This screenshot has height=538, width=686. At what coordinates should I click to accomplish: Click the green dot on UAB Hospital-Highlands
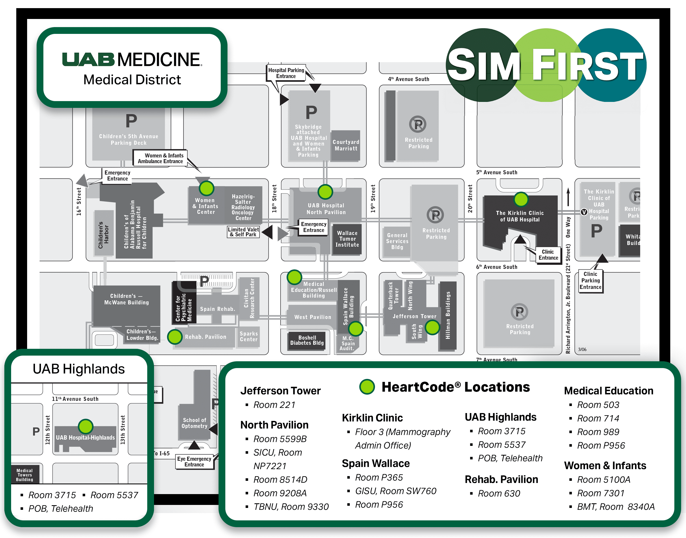pyautogui.click(x=85, y=427)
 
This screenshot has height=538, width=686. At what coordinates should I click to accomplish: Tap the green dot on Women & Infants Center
pyautogui.click(x=206, y=188)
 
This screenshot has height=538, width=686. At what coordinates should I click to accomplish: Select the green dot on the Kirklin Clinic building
pyautogui.click(x=521, y=199)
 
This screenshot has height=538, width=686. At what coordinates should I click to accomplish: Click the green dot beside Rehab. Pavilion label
pyautogui.click(x=175, y=337)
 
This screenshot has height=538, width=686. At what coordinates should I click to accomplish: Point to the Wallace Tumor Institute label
pyautogui.click(x=347, y=239)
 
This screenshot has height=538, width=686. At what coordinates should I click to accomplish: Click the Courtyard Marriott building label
pyautogui.click(x=346, y=145)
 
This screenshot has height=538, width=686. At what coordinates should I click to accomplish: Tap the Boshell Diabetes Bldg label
pyautogui.click(x=307, y=340)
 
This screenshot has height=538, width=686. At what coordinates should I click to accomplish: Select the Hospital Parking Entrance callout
pyautogui.click(x=286, y=73)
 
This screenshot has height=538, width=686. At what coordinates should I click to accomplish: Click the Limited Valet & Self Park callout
pyautogui.click(x=243, y=232)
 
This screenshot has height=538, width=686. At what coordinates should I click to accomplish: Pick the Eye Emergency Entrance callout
pyautogui.click(x=194, y=462)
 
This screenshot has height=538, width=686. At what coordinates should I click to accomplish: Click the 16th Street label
pyautogui.click(x=79, y=202)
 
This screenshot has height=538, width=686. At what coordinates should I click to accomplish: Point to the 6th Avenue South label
pyautogui.click(x=497, y=267)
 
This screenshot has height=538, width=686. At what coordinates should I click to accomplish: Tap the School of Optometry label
pyautogui.click(x=194, y=423)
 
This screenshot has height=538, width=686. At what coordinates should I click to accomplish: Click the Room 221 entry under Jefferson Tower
pyautogui.click(x=274, y=405)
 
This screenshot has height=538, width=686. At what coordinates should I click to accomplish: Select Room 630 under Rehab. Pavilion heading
pyautogui.click(x=499, y=493)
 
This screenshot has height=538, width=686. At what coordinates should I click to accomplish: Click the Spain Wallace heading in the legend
pyautogui.click(x=376, y=463)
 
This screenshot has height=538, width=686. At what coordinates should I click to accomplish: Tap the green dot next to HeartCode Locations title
pyautogui.click(x=367, y=387)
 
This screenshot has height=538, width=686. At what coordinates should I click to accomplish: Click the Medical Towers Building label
pyautogui.click(x=25, y=475)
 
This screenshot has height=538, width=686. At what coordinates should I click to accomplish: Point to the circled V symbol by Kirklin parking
pyautogui.click(x=584, y=212)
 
